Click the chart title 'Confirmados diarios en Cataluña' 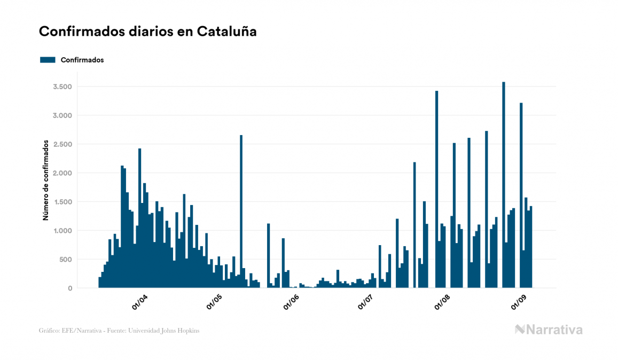[x=147, y=32]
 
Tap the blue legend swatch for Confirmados [x=48, y=60]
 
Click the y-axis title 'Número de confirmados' [x=46, y=181]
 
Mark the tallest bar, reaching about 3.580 [x=504, y=187]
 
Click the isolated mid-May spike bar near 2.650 [x=241, y=214]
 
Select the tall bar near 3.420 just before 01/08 [x=436, y=192]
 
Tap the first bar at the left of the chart [x=100, y=283]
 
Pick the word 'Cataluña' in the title [x=226, y=32]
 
